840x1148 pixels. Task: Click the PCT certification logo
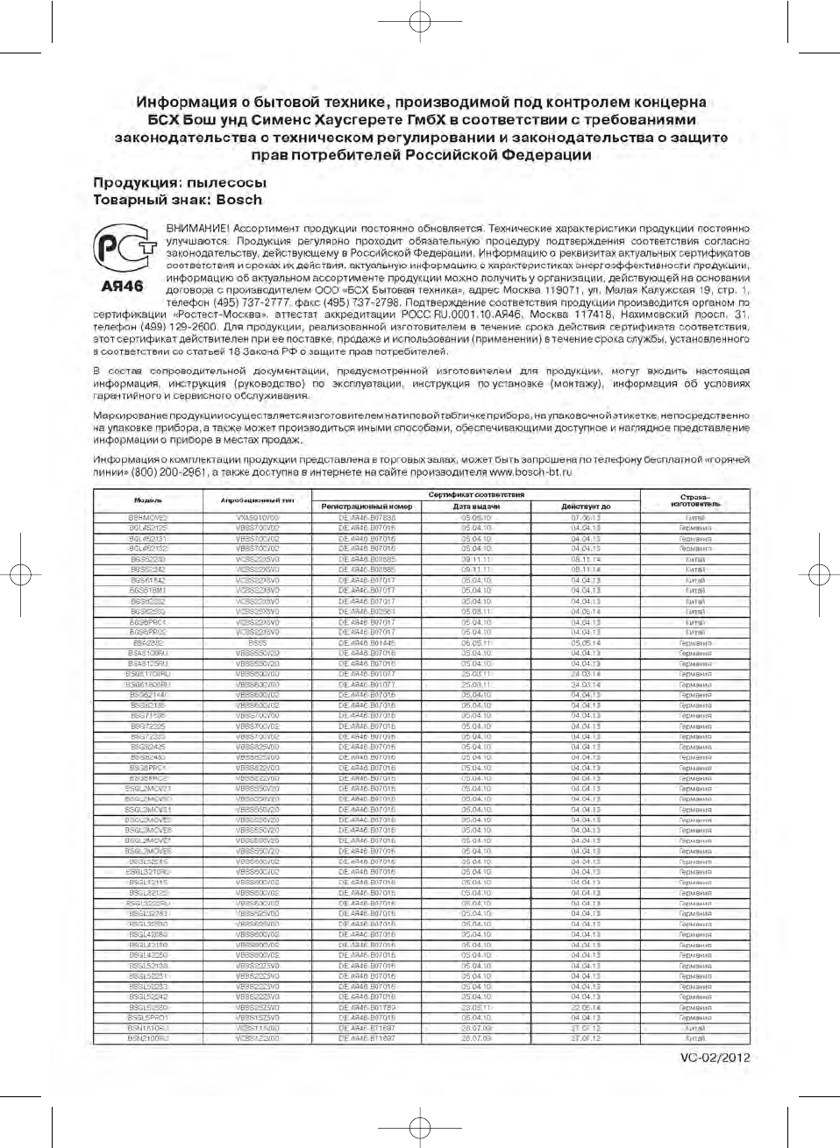pos(124,249)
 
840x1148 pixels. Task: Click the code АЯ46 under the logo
pos(122,287)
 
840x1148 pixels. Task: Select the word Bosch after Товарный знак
pos(239,200)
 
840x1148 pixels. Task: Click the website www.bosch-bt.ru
pos(530,471)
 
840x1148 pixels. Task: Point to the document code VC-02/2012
pos(715,1057)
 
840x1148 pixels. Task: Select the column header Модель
pos(148,500)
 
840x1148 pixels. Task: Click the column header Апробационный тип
pos(257,500)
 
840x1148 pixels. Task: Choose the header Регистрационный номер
pos(367,507)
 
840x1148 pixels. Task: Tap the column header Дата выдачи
pos(476,507)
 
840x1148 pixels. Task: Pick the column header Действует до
pos(586,507)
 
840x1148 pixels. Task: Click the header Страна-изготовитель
pos(695,500)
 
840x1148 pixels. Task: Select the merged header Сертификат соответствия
pos(476,494)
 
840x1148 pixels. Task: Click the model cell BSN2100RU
pos(148,1038)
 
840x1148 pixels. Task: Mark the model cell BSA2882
pos(148,643)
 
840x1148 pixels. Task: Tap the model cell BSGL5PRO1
pos(148,1017)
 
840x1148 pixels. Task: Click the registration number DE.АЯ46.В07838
pos(367,518)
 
